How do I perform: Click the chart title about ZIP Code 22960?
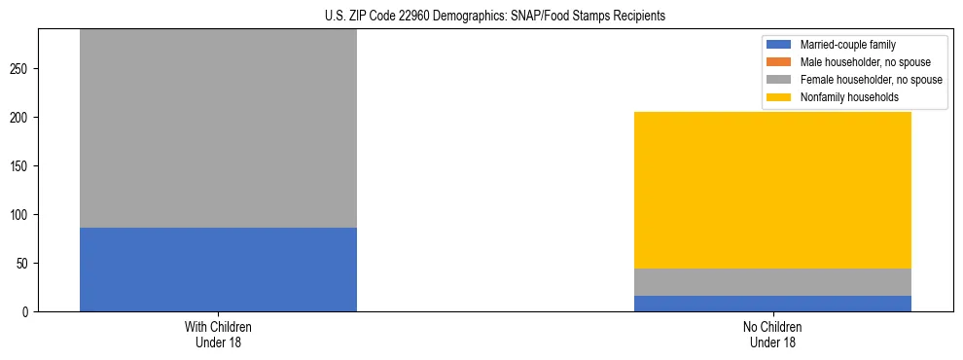tap(495, 17)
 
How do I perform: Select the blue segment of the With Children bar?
tap(218, 270)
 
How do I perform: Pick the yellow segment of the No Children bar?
tap(772, 190)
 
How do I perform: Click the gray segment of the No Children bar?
tap(772, 282)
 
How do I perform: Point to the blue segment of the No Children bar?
tap(772, 304)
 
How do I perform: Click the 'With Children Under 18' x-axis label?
tap(218, 334)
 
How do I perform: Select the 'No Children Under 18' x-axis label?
tap(772, 334)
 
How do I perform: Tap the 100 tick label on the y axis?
tap(22, 215)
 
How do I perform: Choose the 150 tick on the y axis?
tap(22, 166)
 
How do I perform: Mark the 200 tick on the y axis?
tap(22, 118)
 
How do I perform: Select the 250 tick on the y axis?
tap(22, 69)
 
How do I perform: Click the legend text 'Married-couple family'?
tap(847, 45)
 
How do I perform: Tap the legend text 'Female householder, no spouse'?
tap(870, 80)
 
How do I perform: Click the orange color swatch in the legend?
tap(779, 62)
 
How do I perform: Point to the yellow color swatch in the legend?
tap(779, 97)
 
